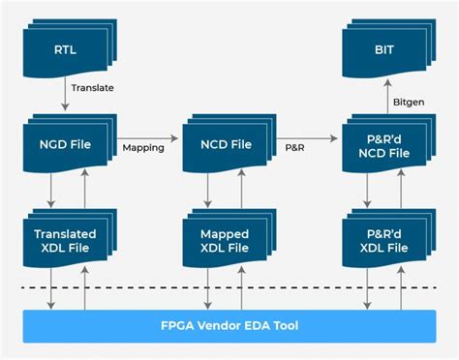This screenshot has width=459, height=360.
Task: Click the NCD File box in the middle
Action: (x=225, y=144)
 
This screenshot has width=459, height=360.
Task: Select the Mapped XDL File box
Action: (x=225, y=239)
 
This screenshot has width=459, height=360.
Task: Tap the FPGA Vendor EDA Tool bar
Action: (x=229, y=324)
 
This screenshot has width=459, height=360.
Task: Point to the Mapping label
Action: (x=142, y=148)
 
